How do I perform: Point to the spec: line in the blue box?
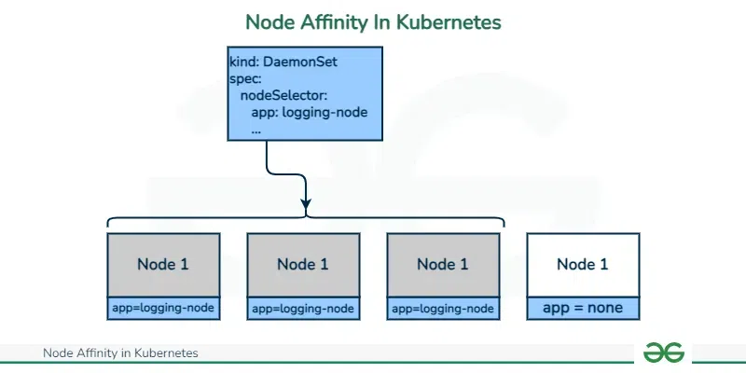247,78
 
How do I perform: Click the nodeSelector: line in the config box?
283,95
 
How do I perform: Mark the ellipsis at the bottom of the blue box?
256,130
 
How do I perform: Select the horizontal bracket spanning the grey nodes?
306,220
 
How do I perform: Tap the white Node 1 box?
583,265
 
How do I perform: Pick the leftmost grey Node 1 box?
163,265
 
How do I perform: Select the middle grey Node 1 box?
303,265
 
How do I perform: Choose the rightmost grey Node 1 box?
443,265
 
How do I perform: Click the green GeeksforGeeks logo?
664,352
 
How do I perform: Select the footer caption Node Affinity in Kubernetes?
120,353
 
